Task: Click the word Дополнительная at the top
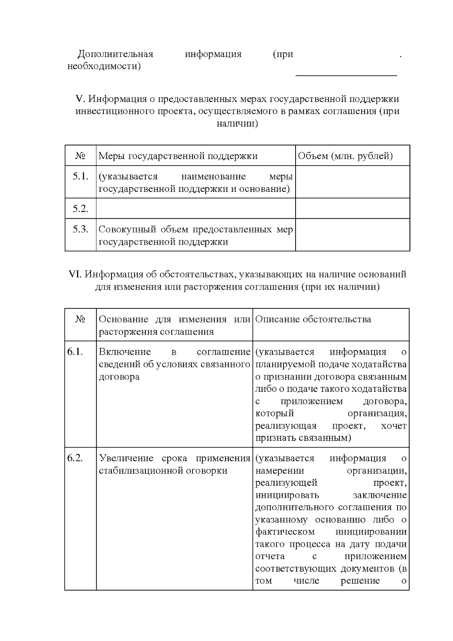[x=115, y=54]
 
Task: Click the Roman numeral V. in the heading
[x=81, y=99]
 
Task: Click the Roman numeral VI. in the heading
[x=75, y=274]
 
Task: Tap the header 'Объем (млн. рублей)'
[x=345, y=156]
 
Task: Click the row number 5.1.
[x=80, y=176]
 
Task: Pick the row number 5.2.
[x=80, y=209]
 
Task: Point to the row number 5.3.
[x=80, y=229]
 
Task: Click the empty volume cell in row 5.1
[x=352, y=182]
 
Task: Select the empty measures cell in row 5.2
[x=196, y=209]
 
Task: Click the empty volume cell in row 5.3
[x=352, y=235]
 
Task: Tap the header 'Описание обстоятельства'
[x=313, y=320]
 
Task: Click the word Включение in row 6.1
[x=125, y=352]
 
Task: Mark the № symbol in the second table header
[x=80, y=320]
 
